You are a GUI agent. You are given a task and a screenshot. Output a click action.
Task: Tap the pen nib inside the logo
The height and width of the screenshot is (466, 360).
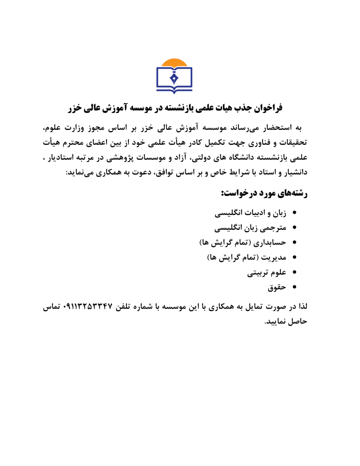coord(174,77)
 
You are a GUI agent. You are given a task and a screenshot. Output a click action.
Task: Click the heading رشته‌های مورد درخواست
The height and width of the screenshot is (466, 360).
coord(265,194)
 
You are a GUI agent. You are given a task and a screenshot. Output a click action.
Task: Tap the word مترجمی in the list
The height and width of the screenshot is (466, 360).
coord(271,227)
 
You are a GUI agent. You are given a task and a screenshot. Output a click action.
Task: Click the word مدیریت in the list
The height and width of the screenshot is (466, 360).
coord(273,257)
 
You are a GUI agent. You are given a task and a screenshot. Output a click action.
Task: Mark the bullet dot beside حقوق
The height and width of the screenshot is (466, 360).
coord(294,287)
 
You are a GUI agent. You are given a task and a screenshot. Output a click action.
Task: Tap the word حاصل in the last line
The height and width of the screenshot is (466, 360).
coord(297,322)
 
